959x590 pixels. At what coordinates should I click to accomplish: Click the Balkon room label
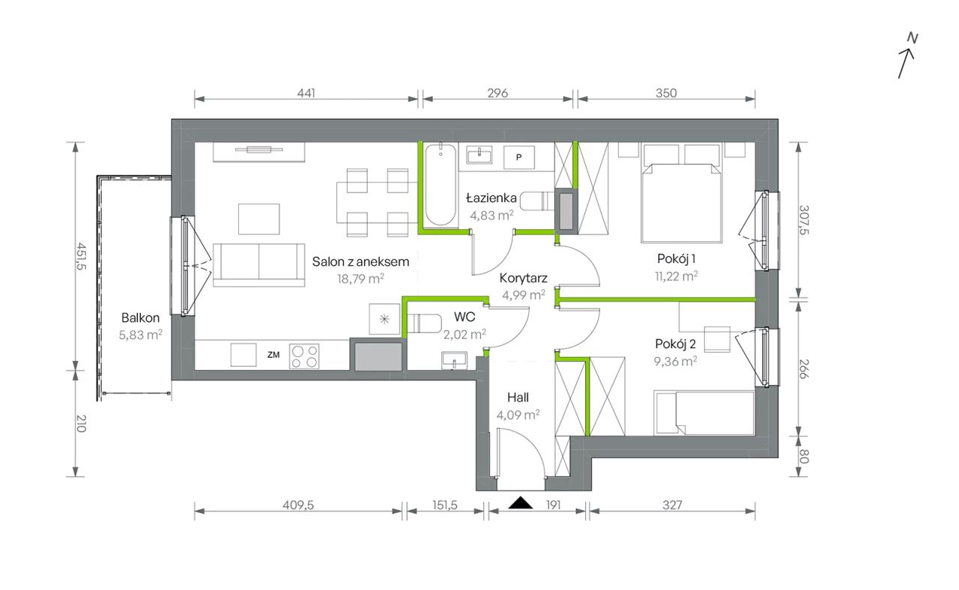(x=140, y=318)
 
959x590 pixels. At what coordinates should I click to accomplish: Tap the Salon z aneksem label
(x=360, y=262)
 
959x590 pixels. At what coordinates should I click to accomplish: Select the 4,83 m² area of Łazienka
(x=491, y=215)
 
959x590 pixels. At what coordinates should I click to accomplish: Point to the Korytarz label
(x=523, y=278)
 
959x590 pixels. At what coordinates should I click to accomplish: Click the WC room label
(x=465, y=317)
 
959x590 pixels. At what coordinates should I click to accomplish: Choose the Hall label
(x=518, y=398)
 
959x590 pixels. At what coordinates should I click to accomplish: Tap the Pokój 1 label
(x=677, y=259)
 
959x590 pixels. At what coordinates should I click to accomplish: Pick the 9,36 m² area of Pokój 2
(x=675, y=362)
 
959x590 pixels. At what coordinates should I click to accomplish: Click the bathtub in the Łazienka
(x=441, y=185)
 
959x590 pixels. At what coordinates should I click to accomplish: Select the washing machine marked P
(x=518, y=157)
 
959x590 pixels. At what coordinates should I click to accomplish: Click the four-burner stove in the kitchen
(x=304, y=356)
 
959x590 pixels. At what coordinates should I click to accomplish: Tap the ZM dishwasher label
(x=273, y=355)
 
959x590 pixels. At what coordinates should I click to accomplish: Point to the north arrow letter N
(x=913, y=38)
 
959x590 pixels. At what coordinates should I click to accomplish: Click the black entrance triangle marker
(x=521, y=503)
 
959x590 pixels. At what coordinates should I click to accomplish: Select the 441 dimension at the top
(x=306, y=93)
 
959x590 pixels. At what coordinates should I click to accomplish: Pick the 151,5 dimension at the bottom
(x=445, y=505)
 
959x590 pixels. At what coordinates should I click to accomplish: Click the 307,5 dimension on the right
(x=804, y=220)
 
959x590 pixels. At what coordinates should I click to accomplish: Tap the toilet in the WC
(x=424, y=324)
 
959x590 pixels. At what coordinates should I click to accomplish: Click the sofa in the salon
(x=258, y=265)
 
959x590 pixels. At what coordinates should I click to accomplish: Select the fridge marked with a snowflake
(x=384, y=319)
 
